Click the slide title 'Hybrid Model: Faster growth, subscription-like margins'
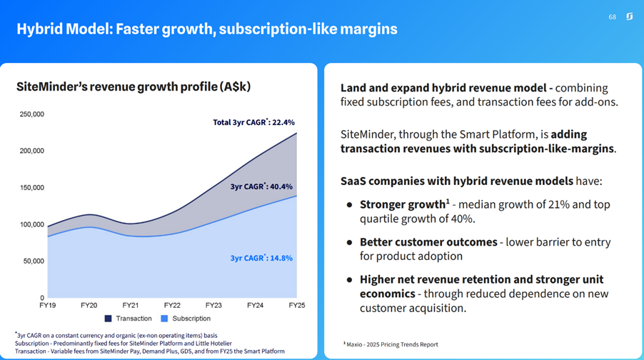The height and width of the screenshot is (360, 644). click(x=207, y=29)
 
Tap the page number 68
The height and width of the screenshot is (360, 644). click(x=612, y=16)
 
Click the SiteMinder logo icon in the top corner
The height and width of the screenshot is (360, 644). click(x=629, y=16)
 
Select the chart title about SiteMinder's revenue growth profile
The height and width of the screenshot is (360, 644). click(x=134, y=86)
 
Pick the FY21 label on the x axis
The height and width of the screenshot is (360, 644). click(x=130, y=305)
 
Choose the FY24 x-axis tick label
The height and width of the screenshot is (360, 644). click(x=255, y=305)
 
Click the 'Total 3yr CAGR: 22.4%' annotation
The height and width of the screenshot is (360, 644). click(x=253, y=122)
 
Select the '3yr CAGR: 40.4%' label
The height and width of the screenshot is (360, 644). click(x=262, y=186)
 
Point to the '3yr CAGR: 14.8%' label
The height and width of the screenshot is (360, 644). click(x=261, y=258)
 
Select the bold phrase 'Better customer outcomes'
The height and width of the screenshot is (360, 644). click(x=428, y=242)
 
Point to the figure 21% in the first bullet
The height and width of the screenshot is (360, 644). click(x=557, y=205)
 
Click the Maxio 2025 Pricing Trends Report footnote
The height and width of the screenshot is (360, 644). click(x=391, y=344)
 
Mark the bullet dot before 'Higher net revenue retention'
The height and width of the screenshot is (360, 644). click(x=349, y=280)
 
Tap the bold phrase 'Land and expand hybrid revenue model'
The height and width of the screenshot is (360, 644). click(x=443, y=88)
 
